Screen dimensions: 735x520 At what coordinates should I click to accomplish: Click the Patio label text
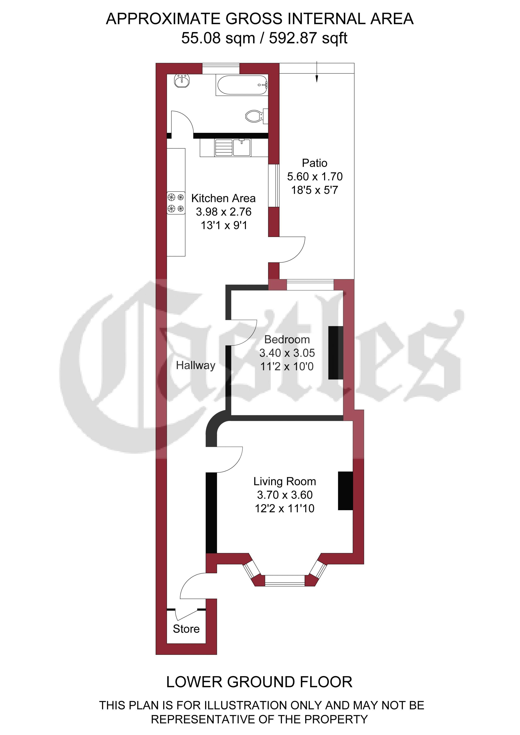(x=314, y=163)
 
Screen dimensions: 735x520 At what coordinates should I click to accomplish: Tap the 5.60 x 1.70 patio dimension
(x=314, y=176)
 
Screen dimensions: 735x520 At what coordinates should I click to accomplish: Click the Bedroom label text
(x=287, y=339)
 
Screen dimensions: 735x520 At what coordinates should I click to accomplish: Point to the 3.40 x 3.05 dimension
(x=287, y=353)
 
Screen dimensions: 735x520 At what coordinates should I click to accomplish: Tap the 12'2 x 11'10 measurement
(x=285, y=508)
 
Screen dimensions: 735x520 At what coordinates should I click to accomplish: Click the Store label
(x=186, y=629)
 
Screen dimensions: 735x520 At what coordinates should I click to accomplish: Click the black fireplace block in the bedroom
(x=336, y=352)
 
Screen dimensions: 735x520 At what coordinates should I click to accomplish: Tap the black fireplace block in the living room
(x=345, y=490)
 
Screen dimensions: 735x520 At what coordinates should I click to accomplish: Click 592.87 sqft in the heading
(x=308, y=38)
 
